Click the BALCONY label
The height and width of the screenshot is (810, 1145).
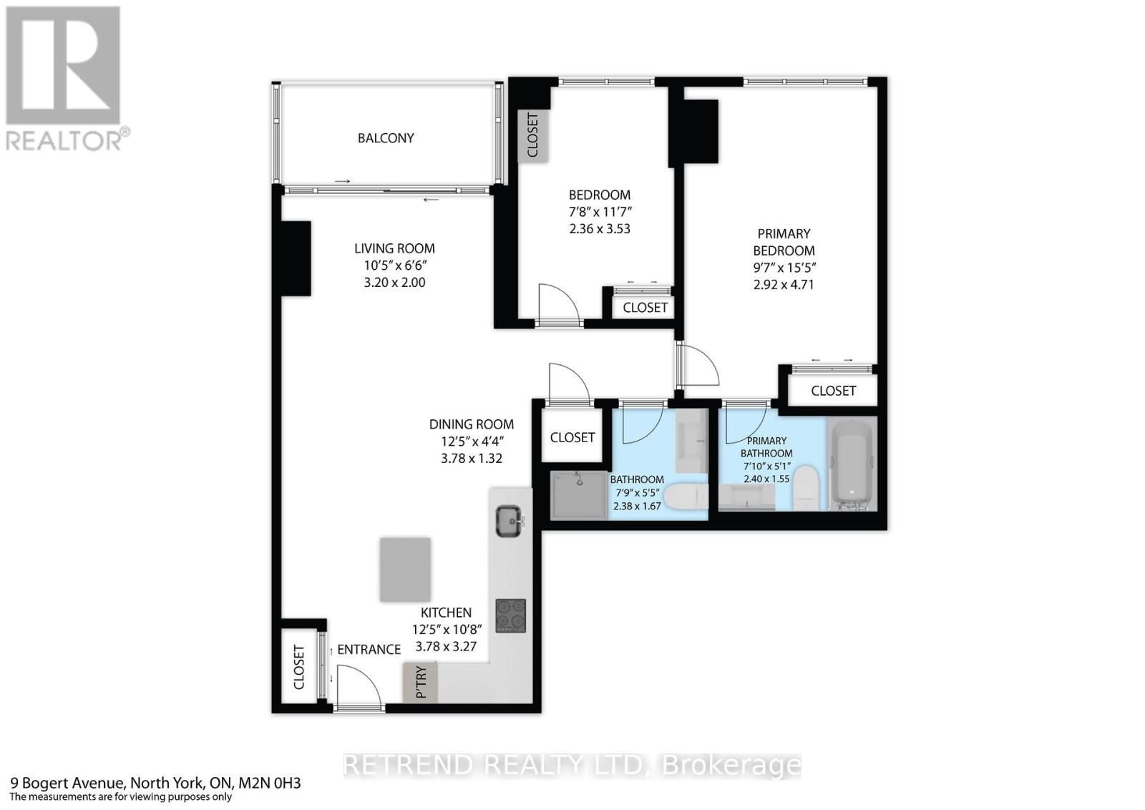(386, 138)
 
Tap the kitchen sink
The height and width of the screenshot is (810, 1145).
(510, 520)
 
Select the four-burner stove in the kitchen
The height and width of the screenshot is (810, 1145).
(510, 615)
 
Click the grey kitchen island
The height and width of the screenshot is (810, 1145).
(405, 570)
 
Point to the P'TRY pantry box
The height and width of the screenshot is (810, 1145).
(420, 682)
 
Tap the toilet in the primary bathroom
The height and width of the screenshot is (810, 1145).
(807, 487)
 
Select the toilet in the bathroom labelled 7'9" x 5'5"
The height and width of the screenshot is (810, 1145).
(686, 498)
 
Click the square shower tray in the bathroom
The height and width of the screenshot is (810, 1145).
(579, 494)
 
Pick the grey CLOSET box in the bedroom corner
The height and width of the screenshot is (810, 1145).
(532, 135)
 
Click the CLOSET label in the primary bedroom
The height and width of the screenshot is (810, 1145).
(833, 391)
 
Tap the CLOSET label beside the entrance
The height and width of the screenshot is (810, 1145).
(299, 667)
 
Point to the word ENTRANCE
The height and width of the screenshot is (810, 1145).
(369, 650)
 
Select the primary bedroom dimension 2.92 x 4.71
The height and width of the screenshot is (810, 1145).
(784, 285)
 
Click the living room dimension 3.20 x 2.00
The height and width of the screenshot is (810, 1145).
(394, 283)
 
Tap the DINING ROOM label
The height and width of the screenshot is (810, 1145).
(471, 424)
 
